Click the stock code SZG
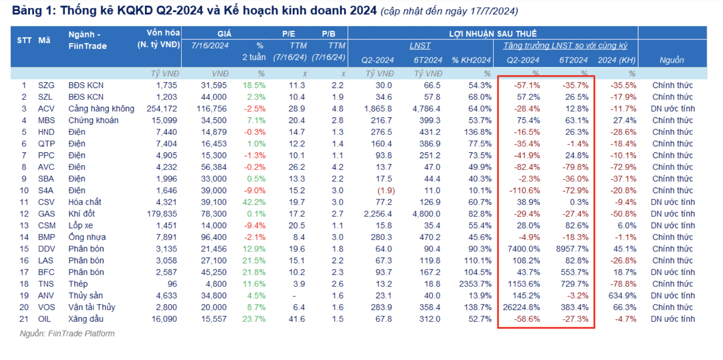(46, 85)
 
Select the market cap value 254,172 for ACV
(162, 109)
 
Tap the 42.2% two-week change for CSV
(254, 202)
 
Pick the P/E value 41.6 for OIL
(297, 319)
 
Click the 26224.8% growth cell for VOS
(521, 307)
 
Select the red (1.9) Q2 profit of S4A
(386, 191)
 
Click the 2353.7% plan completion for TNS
(475, 284)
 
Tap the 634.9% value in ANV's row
(622, 296)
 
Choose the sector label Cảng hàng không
(101, 109)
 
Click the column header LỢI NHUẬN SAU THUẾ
(493, 34)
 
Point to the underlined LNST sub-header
(420, 46)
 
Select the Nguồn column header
(671, 60)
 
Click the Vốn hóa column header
(163, 33)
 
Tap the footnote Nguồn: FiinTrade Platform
(67, 334)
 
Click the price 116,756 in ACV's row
(212, 109)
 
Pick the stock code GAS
(46, 214)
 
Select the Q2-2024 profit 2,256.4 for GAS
(378, 214)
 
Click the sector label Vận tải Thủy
(92, 307)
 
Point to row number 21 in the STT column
(24, 319)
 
